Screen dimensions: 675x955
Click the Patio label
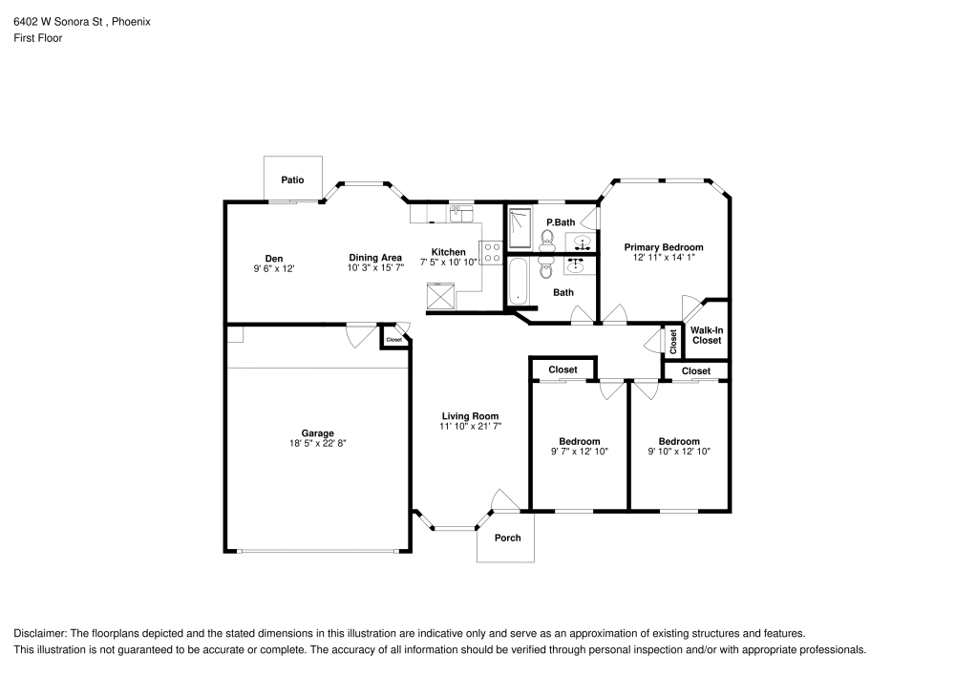(x=292, y=179)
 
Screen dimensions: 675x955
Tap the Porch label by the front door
(x=507, y=538)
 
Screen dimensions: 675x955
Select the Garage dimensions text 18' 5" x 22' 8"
(x=318, y=443)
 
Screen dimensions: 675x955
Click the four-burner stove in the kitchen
(x=492, y=253)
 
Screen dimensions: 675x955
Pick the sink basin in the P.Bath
(x=582, y=242)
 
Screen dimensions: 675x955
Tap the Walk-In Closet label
(x=707, y=335)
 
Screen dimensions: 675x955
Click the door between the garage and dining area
(x=361, y=333)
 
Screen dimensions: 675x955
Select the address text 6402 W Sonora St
(x=56, y=21)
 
